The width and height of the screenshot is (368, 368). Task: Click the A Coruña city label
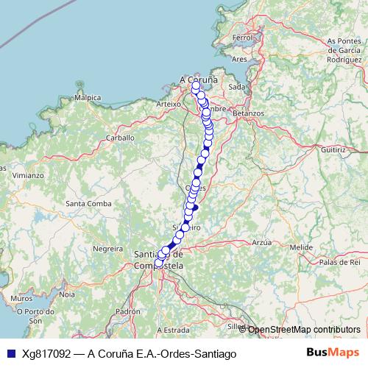tap(199, 79)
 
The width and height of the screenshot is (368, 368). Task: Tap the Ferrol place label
tap(242, 37)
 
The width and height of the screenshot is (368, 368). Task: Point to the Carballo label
tap(120, 137)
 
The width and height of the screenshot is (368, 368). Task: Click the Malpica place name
tap(87, 97)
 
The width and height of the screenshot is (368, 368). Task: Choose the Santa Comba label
tap(88, 203)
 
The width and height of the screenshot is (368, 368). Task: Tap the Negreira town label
tap(107, 249)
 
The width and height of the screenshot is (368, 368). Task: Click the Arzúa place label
tap(261, 241)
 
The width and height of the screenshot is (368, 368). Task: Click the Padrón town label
tap(127, 311)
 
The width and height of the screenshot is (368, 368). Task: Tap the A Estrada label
tap(174, 330)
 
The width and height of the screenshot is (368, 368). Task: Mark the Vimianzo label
tap(27, 176)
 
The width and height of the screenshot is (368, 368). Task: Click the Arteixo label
tap(169, 105)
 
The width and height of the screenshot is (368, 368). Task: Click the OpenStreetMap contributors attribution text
tap(304, 330)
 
